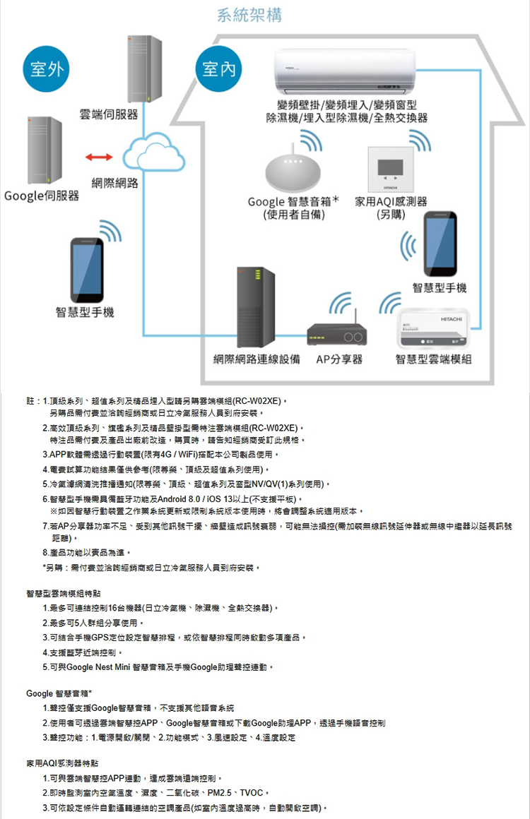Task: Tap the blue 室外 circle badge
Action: click(x=47, y=70)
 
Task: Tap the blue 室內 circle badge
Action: click(x=218, y=70)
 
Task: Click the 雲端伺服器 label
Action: click(x=108, y=114)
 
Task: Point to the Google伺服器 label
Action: click(x=40, y=195)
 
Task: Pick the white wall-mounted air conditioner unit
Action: click(x=345, y=71)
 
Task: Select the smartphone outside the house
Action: click(x=88, y=269)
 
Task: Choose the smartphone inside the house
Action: click(x=440, y=244)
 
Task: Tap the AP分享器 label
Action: click(x=339, y=360)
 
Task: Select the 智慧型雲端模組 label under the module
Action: click(x=433, y=360)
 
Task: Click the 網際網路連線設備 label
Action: click(x=259, y=360)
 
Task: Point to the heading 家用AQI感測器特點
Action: click(x=62, y=763)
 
